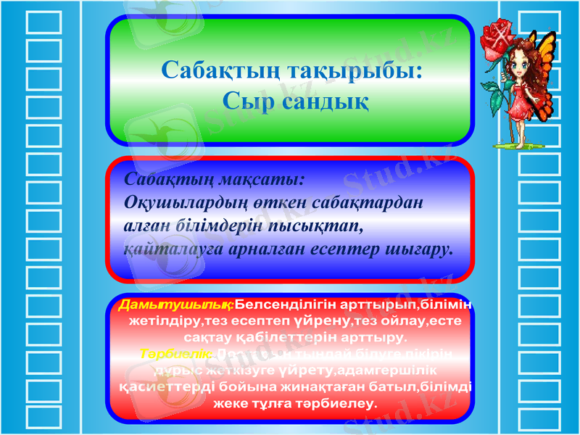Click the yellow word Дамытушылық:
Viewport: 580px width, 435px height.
tap(176, 304)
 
